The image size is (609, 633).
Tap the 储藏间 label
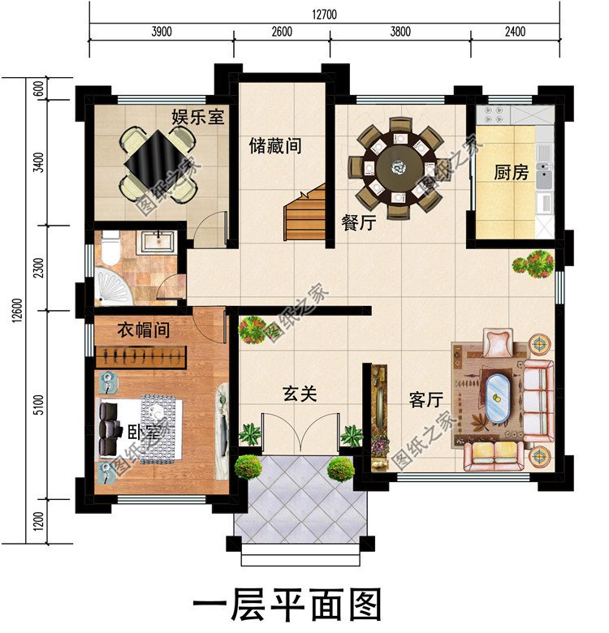pyautogui.click(x=275, y=146)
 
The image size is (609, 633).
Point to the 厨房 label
pyautogui.click(x=511, y=173)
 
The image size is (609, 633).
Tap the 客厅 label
pyautogui.click(x=425, y=400)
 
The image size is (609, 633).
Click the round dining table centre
pyautogui.click(x=397, y=168)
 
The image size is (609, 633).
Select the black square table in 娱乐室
pyautogui.click(x=158, y=160)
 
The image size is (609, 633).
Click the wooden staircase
pyautogui.click(x=304, y=213)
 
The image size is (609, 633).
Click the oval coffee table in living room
pyautogui.click(x=497, y=393)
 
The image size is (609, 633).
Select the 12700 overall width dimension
pyautogui.click(x=323, y=14)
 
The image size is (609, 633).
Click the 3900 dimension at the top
pyautogui.click(x=161, y=32)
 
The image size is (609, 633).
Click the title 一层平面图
pyautogui.click(x=287, y=605)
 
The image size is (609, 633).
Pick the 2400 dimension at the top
pyautogui.click(x=515, y=32)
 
